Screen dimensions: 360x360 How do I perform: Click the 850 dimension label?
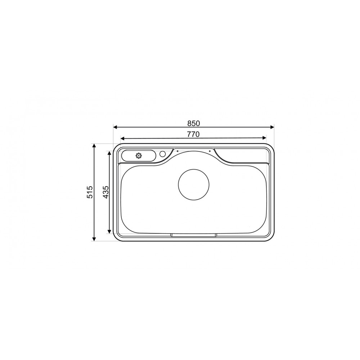(193, 123)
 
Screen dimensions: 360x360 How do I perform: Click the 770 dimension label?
(193, 134)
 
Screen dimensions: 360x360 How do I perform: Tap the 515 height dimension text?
(90, 192)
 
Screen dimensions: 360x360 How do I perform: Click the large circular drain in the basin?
(194, 184)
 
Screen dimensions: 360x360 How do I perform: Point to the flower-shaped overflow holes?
(139, 156)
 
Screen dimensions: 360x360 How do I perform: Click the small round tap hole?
(162, 154)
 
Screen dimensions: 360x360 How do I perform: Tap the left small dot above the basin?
(178, 151)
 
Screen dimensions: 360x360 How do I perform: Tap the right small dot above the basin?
(210, 151)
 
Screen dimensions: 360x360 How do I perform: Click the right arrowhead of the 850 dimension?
(272, 127)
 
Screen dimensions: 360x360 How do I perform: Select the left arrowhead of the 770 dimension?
(123, 138)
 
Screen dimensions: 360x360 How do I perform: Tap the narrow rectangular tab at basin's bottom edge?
(194, 235)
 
